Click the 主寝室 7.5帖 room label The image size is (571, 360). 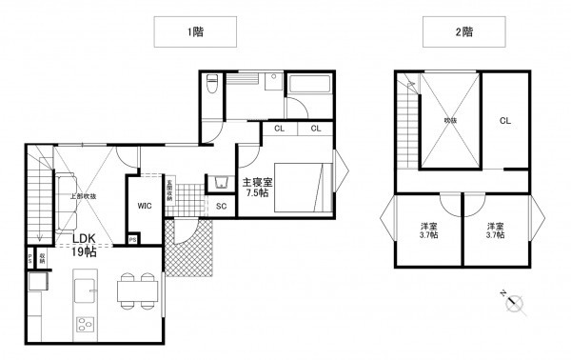pos(257,187)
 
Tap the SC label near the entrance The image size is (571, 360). pos(221,206)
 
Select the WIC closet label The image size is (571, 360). pos(145,206)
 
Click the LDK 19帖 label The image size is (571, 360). pos(86,245)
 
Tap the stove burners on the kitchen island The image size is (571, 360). pos(85,321)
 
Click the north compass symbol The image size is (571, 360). pos(515,304)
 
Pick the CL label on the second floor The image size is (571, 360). pos(505,121)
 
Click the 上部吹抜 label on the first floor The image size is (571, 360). pos(83,196)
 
